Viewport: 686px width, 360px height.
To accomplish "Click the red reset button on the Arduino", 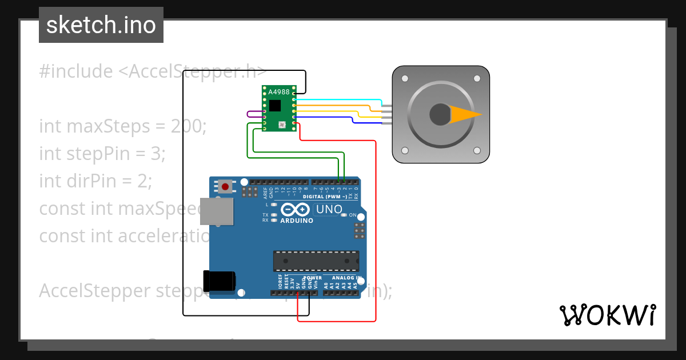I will click(x=226, y=186).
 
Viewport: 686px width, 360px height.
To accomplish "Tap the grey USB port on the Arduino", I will click(x=217, y=211).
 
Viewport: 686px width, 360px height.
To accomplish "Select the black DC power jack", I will click(x=220, y=281).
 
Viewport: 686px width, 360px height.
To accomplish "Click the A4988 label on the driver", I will click(x=279, y=92).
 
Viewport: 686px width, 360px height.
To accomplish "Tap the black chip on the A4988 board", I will click(x=276, y=105).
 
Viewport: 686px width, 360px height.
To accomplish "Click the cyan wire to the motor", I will click(x=337, y=99).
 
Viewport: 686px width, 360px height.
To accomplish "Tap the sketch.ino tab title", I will click(x=101, y=25).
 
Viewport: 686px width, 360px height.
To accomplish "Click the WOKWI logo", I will click(x=607, y=315).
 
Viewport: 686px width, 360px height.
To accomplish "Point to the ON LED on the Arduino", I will click(x=344, y=215).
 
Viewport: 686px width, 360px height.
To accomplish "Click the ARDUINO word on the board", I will click(x=296, y=221).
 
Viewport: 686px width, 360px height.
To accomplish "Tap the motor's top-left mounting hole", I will click(x=405, y=78).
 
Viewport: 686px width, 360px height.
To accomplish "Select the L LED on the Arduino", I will click(x=274, y=204).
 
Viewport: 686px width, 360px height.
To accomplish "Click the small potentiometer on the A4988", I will click(x=281, y=124).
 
